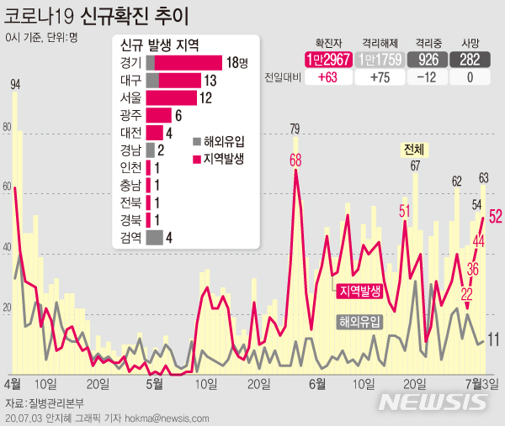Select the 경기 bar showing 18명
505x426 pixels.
186,63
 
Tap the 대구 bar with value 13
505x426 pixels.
173,81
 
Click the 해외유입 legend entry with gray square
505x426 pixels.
220,141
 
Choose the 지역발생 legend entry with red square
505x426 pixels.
220,157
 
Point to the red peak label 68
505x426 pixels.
296,160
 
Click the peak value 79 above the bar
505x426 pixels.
295,129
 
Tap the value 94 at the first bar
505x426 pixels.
15,83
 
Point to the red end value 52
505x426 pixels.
495,216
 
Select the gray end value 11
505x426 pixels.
494,339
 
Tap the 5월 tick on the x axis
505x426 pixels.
154,383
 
